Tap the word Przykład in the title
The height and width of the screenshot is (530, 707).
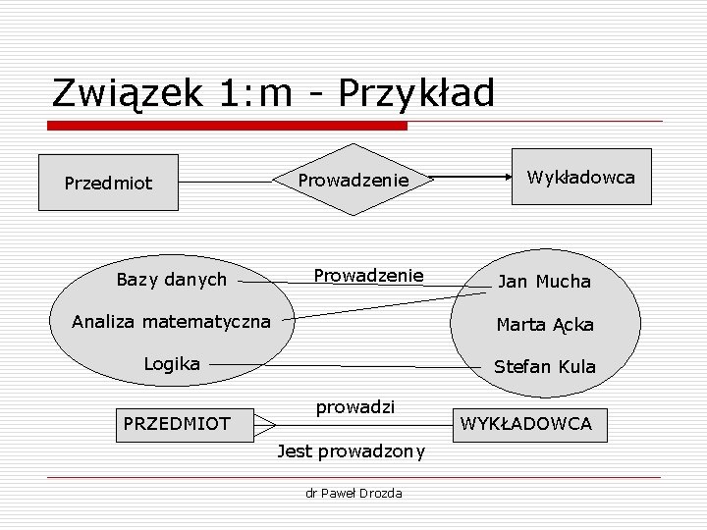[x=416, y=94]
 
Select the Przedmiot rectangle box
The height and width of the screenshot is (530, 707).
[x=109, y=183]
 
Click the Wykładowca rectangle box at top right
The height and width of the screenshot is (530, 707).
[x=580, y=178]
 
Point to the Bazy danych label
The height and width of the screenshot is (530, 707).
[x=171, y=280]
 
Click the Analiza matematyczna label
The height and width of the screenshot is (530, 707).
[x=171, y=320]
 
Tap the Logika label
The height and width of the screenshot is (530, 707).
[x=172, y=363]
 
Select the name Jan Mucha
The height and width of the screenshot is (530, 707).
[x=544, y=282]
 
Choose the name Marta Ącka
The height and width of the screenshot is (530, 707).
[x=544, y=324]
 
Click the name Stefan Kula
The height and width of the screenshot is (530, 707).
[x=544, y=367]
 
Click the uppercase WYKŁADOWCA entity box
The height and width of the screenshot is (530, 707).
[x=526, y=424]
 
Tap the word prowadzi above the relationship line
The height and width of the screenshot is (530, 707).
[x=354, y=405]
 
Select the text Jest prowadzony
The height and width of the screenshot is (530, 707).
[x=351, y=451]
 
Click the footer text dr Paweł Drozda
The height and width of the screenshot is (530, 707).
[x=353, y=493]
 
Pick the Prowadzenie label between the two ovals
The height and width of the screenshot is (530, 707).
[x=368, y=275]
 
